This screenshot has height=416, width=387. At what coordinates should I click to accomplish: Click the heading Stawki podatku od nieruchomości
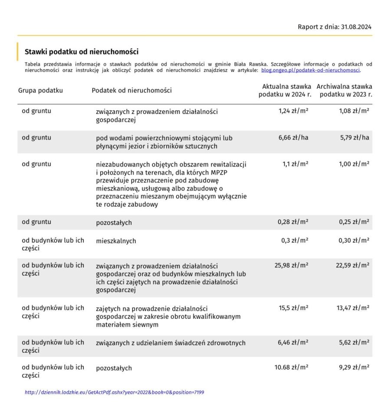pyautogui.click(x=82, y=52)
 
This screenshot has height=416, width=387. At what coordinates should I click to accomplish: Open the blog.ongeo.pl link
pyautogui.click(x=311, y=70)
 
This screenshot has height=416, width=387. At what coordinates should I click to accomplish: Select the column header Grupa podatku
pyautogui.click(x=41, y=91)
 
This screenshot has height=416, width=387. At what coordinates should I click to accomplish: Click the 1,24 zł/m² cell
pyautogui.click(x=293, y=111)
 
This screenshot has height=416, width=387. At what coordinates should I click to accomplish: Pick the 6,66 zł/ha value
pyautogui.click(x=293, y=138)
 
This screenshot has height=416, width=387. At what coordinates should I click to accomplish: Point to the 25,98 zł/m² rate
pyautogui.click(x=292, y=265)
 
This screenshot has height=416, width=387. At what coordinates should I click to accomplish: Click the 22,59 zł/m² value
pyautogui.click(x=353, y=265)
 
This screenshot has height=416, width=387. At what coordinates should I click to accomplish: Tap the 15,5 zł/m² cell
pyautogui.click(x=293, y=308)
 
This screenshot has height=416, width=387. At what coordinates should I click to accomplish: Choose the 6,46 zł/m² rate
pyautogui.click(x=293, y=342)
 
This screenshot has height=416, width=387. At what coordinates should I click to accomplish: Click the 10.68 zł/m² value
pyautogui.click(x=292, y=367)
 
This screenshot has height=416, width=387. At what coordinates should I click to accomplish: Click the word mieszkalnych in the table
pyautogui.click(x=116, y=241)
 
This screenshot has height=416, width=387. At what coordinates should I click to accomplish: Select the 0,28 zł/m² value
pyautogui.click(x=293, y=222)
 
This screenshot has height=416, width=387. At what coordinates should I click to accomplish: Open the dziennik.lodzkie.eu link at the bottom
pyautogui.click(x=115, y=393)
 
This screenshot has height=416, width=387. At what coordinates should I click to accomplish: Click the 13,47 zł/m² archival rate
pyautogui.click(x=353, y=308)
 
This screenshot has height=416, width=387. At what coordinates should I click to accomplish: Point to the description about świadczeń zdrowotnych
pyautogui.click(x=171, y=343)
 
